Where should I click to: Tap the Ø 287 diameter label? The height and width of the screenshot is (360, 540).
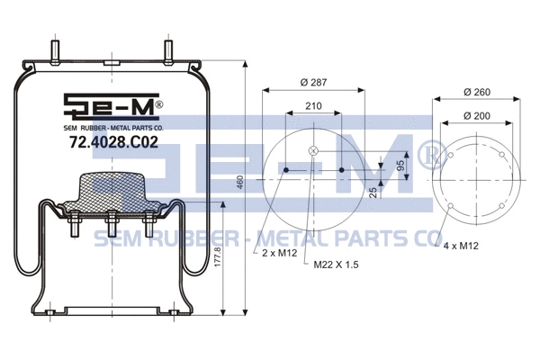pyautogui.click(x=312, y=83)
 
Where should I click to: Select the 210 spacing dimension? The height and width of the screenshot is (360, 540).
pyautogui.click(x=313, y=106)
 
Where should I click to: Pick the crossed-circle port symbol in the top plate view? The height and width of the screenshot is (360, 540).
pyautogui.click(x=312, y=151)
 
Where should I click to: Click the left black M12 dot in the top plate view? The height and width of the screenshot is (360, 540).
pyautogui.click(x=285, y=169)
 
